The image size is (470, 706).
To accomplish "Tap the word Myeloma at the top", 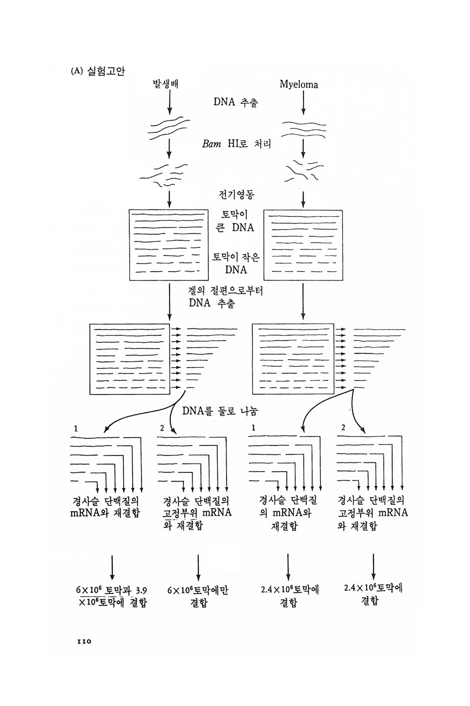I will pos(299,85).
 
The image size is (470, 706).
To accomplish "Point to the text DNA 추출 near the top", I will pos(235,102).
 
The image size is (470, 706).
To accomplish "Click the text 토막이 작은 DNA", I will pos(236,263).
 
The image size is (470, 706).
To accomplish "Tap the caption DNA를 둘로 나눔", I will pos(220,411).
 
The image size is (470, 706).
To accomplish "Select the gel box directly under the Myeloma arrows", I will pos(303,245).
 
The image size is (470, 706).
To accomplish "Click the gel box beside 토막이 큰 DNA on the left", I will pos(169,245).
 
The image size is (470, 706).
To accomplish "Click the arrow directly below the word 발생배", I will pos(169,103).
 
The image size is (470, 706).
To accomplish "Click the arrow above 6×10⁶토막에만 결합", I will pos(198,567).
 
